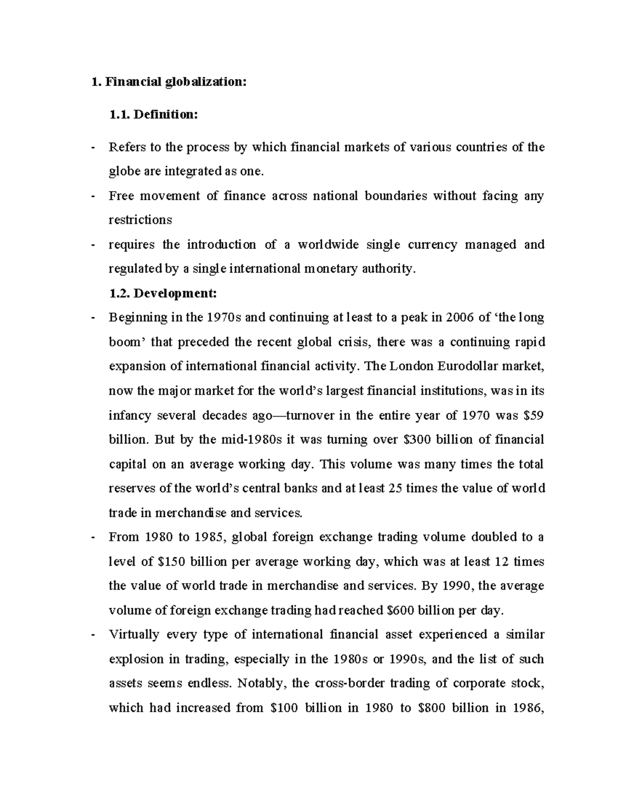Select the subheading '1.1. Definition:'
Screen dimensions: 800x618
tap(153, 115)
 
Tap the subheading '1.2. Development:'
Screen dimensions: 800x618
tap(163, 294)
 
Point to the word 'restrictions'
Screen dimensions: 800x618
tap(140, 220)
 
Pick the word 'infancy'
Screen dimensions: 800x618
tap(130, 415)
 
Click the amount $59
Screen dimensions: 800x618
tap(535, 415)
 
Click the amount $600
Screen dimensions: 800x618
tap(399, 610)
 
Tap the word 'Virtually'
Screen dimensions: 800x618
tap(133, 635)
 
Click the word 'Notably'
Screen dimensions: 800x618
tap(263, 684)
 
